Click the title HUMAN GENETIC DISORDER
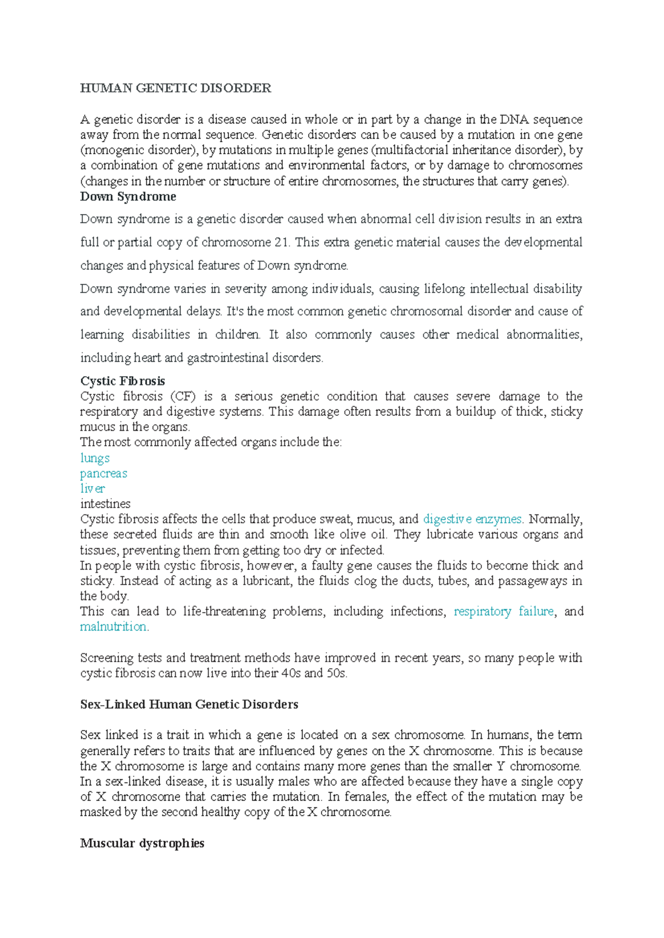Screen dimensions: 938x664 175,88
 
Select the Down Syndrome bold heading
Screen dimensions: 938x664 128,197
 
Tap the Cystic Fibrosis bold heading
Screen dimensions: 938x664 122,381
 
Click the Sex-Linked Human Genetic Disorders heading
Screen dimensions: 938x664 189,705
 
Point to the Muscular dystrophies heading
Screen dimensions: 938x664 142,843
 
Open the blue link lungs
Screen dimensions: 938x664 95,458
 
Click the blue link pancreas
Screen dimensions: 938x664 103,473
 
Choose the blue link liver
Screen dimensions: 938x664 92,488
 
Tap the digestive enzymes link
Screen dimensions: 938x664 472,519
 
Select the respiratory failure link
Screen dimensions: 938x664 504,612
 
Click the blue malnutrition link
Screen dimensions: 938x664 113,627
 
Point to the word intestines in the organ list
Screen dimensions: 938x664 105,504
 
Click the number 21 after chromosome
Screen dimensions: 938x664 281,243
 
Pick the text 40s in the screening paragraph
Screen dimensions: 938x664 289,674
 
